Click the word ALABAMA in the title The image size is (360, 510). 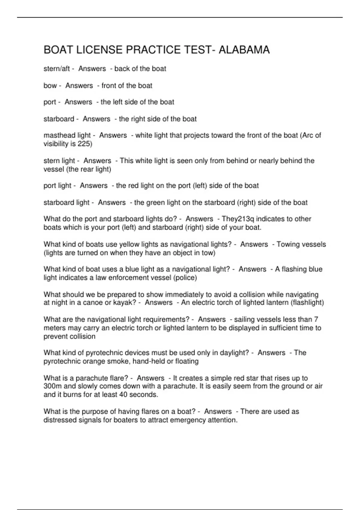tap(244, 50)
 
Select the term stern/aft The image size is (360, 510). tap(56, 69)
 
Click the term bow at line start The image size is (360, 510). tap(50, 85)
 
